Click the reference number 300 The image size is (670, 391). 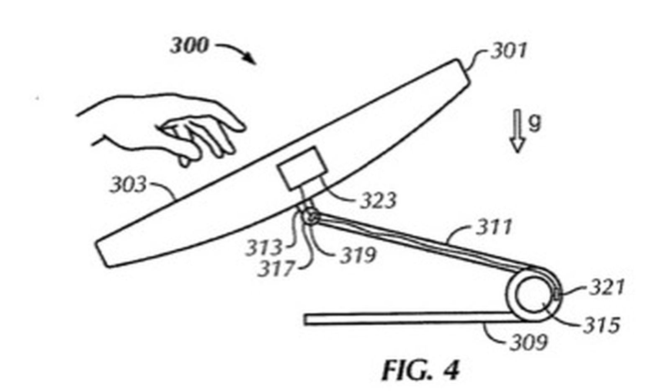click(x=189, y=46)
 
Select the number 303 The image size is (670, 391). click(x=128, y=185)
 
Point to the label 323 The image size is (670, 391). click(x=378, y=201)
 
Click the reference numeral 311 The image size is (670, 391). click(x=494, y=227)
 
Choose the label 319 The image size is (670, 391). click(x=358, y=255)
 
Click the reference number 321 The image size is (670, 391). click(x=607, y=288)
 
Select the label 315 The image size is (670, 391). click(x=601, y=325)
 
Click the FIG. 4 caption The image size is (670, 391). click(x=420, y=370)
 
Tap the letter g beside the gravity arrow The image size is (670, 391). click(x=534, y=123)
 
